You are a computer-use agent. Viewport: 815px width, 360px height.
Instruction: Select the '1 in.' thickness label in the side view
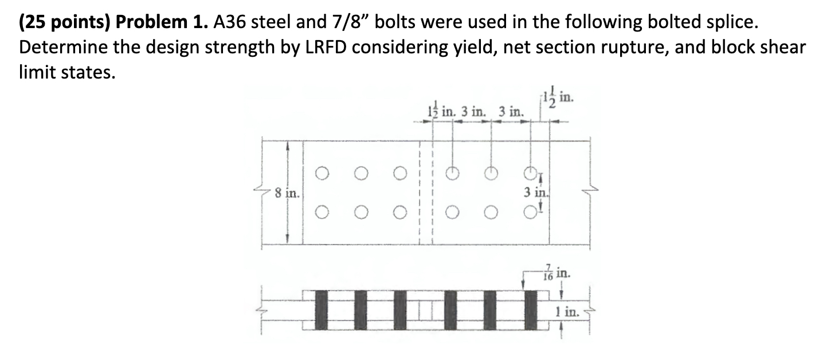(x=567, y=313)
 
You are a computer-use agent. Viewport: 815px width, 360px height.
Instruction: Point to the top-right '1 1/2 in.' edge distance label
(x=554, y=99)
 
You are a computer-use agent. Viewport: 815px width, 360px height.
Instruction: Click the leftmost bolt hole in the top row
(x=323, y=171)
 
